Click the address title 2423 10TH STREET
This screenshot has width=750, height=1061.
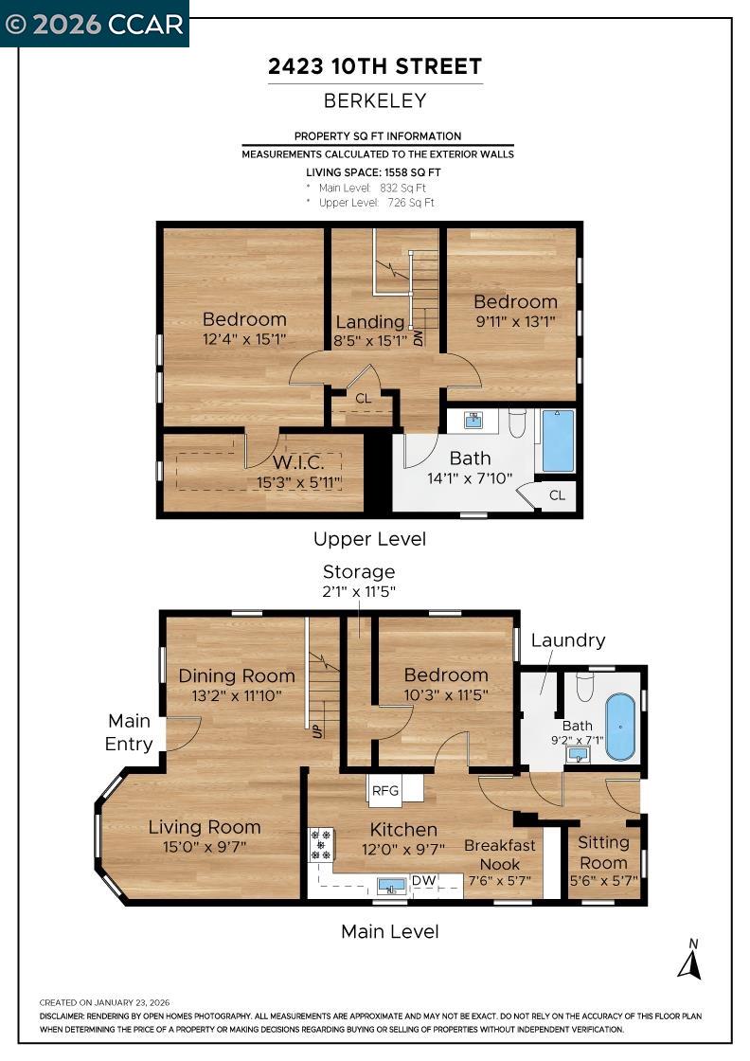375,66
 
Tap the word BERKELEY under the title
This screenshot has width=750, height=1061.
375,100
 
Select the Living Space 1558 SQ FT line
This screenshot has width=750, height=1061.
373,172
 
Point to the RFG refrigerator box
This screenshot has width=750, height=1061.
385,789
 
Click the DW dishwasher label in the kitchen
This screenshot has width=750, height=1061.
423,881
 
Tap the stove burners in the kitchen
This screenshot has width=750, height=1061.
322,844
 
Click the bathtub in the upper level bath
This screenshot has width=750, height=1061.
558,441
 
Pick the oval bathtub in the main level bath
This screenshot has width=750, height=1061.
620,728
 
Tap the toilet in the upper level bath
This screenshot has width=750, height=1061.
517,423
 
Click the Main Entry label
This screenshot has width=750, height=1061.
129,733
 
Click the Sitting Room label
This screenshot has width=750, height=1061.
603,852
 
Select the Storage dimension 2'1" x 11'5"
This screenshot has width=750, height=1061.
359,591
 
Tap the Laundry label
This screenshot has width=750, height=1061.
567,640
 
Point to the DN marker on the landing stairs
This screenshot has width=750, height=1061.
418,336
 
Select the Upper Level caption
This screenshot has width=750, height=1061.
369,539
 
